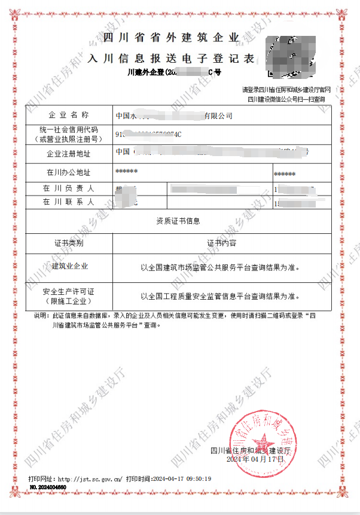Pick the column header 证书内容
[221, 243]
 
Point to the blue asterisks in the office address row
[126, 172]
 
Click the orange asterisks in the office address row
[284, 174]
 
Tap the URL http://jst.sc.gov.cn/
[91, 479]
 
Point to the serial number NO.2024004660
[48, 488]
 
